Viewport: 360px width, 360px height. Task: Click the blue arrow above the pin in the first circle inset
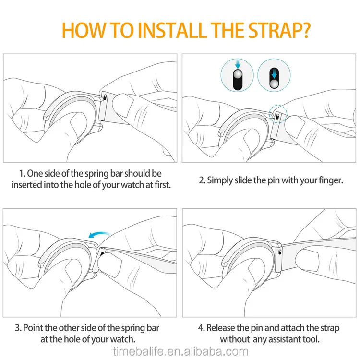pos(238,64)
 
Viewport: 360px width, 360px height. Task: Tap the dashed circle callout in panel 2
pos(278,114)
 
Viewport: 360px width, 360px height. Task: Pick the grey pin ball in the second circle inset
pos(274,84)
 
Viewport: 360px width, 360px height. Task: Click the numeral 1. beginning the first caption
pos(22,174)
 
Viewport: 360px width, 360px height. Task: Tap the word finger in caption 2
pos(331,180)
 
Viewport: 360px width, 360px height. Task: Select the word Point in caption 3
pos(33,328)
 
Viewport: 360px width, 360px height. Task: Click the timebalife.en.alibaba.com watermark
pos(180,352)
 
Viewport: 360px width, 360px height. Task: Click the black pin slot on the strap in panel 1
pos(105,97)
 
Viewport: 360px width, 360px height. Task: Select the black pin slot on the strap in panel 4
pos(280,252)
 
